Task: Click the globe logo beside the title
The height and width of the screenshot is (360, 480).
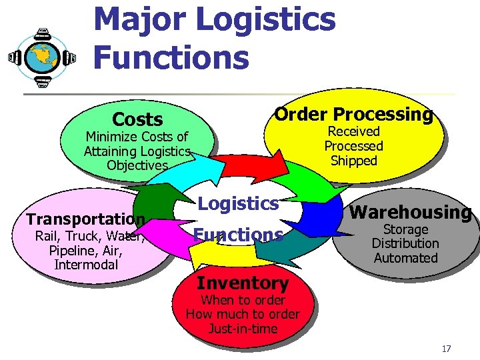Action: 42,57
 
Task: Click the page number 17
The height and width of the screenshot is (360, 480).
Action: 446,349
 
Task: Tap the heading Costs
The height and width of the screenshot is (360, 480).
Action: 137,119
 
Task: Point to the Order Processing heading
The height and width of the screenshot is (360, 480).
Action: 353,114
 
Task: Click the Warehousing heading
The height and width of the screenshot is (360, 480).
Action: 411,213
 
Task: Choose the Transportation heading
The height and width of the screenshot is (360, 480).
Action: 85,219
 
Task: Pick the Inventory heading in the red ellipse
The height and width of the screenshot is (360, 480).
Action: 242,283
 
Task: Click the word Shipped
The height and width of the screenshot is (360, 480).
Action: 353,161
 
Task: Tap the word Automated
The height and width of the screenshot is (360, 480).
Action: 405,258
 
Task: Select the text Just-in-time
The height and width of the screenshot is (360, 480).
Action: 243,329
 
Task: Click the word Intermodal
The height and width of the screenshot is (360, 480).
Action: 86,265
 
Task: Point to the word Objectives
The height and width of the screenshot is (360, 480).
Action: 137,165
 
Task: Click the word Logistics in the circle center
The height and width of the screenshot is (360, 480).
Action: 239,203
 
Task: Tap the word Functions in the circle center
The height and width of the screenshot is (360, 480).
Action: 238,235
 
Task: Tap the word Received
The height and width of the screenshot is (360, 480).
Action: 353,131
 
